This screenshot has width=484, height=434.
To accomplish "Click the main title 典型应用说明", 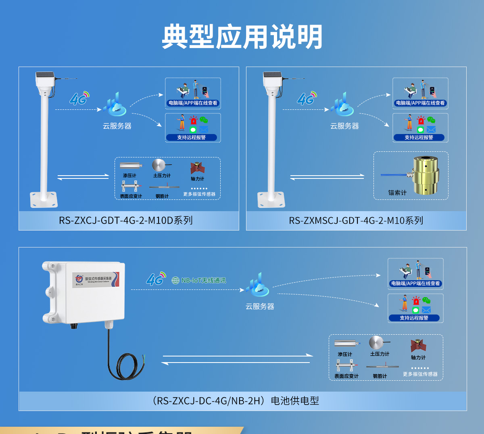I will pos(242,37).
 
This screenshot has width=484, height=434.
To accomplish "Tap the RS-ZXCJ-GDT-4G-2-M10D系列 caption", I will pos(126,220).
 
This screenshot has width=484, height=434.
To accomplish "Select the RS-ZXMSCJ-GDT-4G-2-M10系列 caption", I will pos(356,220).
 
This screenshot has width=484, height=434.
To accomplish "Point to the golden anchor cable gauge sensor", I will pos(425,175).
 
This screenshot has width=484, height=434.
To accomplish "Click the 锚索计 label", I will pos(397,193).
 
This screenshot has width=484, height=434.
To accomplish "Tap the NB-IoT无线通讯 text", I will pos(203,280).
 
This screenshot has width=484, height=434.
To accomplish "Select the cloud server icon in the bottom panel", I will pos(257,285).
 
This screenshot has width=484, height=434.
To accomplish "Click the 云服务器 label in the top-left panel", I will pos(117,126).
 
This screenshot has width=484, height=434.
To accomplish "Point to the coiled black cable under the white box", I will pos(125,365).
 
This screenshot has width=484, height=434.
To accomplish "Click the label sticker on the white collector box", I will pos(96,279).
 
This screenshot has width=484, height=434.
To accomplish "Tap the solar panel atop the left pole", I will pos(45,75).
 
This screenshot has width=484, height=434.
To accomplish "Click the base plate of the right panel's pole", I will pos(271,199).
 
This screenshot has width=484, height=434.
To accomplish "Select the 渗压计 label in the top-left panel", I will pos(129,176).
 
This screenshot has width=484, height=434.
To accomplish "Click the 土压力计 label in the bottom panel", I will pos(380,354).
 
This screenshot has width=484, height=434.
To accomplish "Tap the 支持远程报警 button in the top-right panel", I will pos(419,137).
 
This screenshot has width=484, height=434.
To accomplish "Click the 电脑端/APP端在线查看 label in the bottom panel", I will pos(415,283).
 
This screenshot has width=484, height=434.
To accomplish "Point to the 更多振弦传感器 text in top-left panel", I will pos(199,194).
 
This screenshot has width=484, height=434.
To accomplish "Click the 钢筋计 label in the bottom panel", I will pos(380,376).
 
